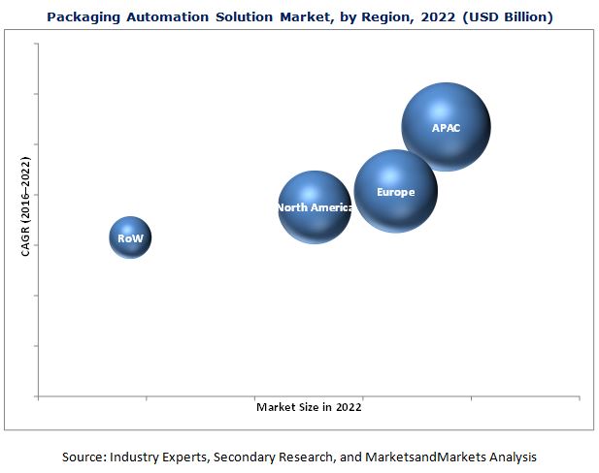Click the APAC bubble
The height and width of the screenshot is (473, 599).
point(446,127)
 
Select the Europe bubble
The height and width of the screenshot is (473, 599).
point(395,191)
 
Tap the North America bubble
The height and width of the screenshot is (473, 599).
point(314,206)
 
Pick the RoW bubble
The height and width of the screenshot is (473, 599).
point(130,237)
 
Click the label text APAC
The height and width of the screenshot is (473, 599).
point(448,128)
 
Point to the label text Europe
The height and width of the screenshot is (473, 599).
point(395,192)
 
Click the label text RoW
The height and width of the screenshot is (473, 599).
point(130,238)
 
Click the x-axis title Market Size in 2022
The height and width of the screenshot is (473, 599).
point(309,407)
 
